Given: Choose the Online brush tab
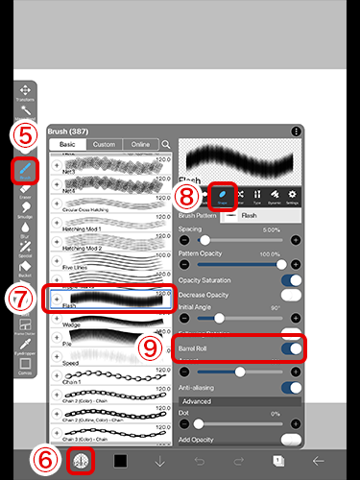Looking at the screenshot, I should click(141, 144).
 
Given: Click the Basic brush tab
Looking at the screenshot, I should click(67, 144).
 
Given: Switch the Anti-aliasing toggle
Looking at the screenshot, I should click(290, 388).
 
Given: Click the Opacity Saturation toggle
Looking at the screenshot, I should click(290, 279).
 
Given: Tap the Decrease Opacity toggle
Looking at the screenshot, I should click(290, 296).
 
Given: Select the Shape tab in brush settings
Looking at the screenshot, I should click(223, 196).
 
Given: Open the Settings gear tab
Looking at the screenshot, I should click(292, 196).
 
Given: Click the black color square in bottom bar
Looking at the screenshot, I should click(120, 461).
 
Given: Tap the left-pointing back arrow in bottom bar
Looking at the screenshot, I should click(318, 461).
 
